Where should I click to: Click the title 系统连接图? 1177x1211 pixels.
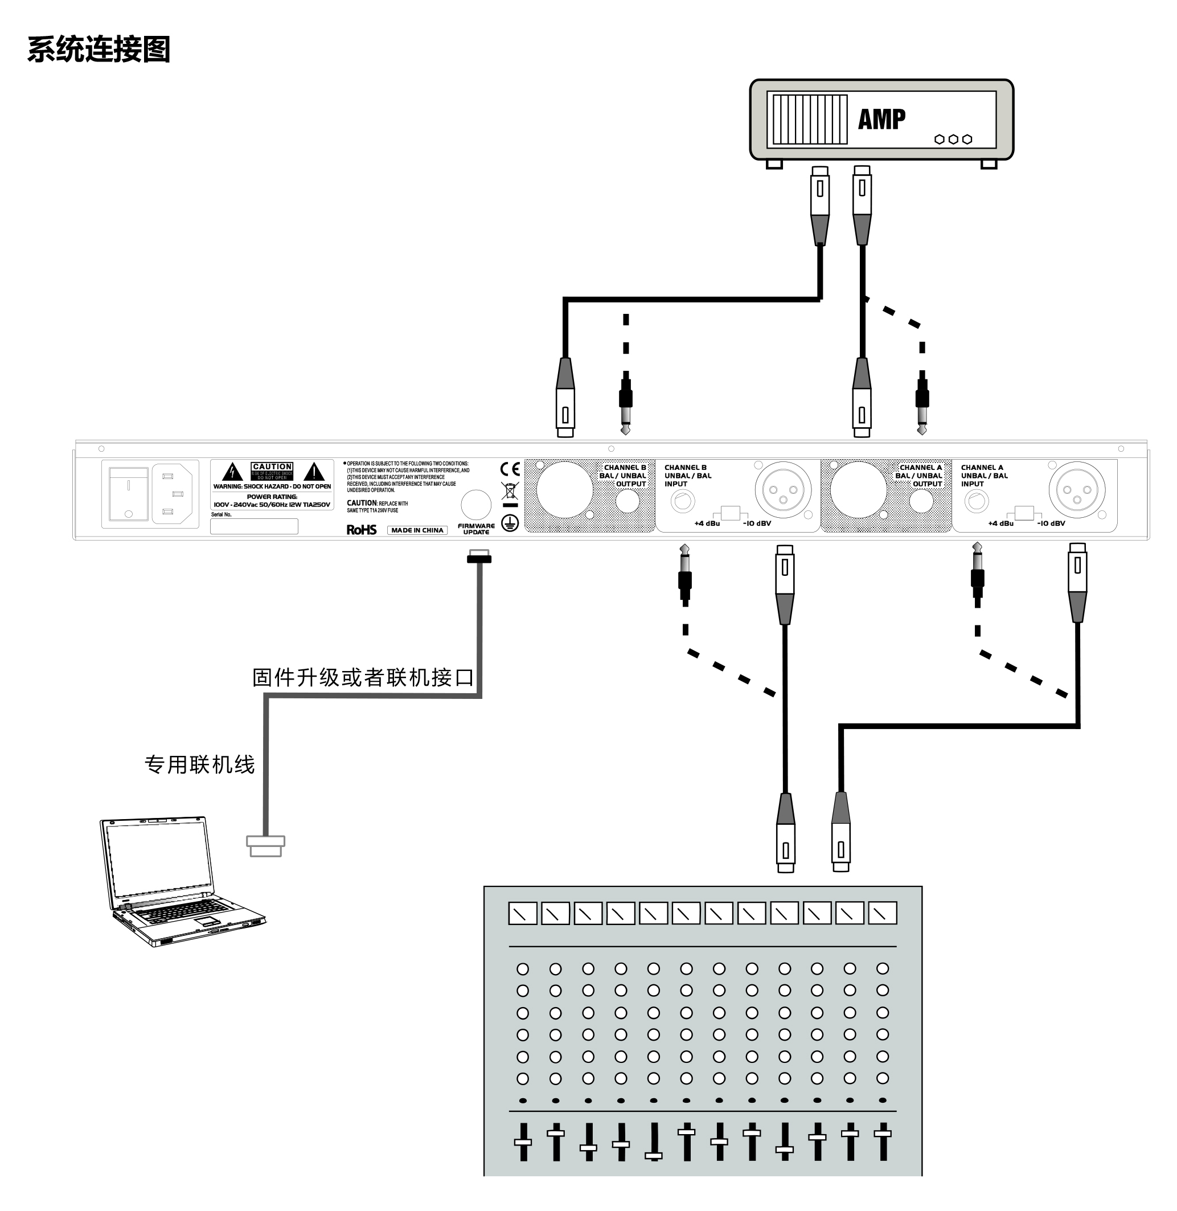pyautogui.click(x=99, y=50)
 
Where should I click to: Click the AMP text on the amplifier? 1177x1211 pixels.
pyautogui.click(x=881, y=118)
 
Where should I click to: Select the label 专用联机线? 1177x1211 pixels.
pyautogui.click(x=199, y=764)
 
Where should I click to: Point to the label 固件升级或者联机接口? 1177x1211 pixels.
pyautogui.click(x=363, y=677)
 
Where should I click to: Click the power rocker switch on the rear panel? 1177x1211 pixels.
pyautogui.click(x=129, y=493)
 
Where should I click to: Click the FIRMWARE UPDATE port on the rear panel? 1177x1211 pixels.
pyautogui.click(x=476, y=505)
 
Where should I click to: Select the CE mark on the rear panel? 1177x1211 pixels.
pyautogui.click(x=510, y=469)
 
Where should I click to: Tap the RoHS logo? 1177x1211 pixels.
pyautogui.click(x=362, y=529)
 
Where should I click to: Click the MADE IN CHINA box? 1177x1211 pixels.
pyautogui.click(x=417, y=530)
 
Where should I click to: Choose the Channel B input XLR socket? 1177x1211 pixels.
pyautogui.click(x=782, y=490)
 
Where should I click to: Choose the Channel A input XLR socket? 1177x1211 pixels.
pyautogui.click(x=1077, y=490)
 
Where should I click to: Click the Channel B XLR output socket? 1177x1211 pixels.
pyautogui.click(x=564, y=490)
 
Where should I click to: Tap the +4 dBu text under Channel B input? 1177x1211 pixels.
pyautogui.click(x=707, y=523)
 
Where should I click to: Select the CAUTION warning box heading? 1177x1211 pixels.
pyautogui.click(x=272, y=467)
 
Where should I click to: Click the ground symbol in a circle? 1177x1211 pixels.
pyautogui.click(x=510, y=523)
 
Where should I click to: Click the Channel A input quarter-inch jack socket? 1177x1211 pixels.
pyautogui.click(x=976, y=500)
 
